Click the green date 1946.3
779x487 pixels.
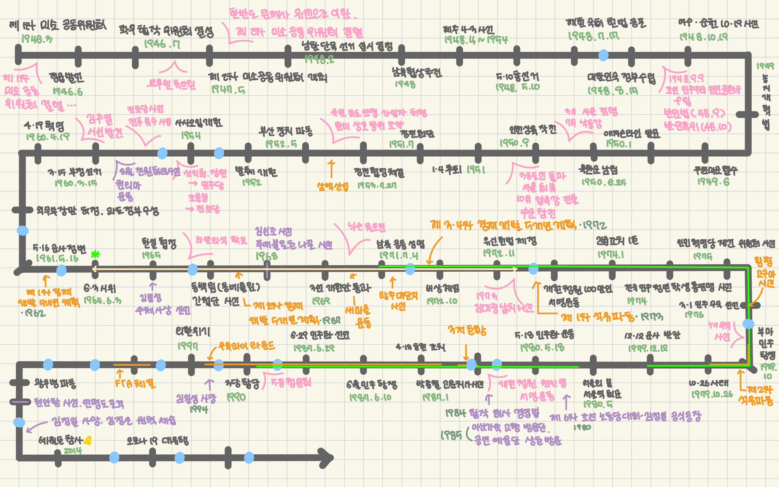tap(37, 39)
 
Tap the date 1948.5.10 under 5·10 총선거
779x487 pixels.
tap(517, 87)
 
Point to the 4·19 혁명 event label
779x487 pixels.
tap(44, 126)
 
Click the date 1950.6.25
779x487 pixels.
tap(604, 182)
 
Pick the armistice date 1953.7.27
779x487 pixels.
tap(378, 185)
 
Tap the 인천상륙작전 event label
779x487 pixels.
tap(533, 131)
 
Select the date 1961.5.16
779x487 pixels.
tap(57, 258)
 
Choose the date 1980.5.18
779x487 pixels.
tap(542, 347)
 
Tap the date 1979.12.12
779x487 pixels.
tap(647, 348)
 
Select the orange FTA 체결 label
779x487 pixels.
tap(135, 384)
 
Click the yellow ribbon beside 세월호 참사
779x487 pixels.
tap(88, 441)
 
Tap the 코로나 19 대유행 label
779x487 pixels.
tap(157, 441)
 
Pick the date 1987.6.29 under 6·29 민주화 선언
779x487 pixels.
tap(314, 348)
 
